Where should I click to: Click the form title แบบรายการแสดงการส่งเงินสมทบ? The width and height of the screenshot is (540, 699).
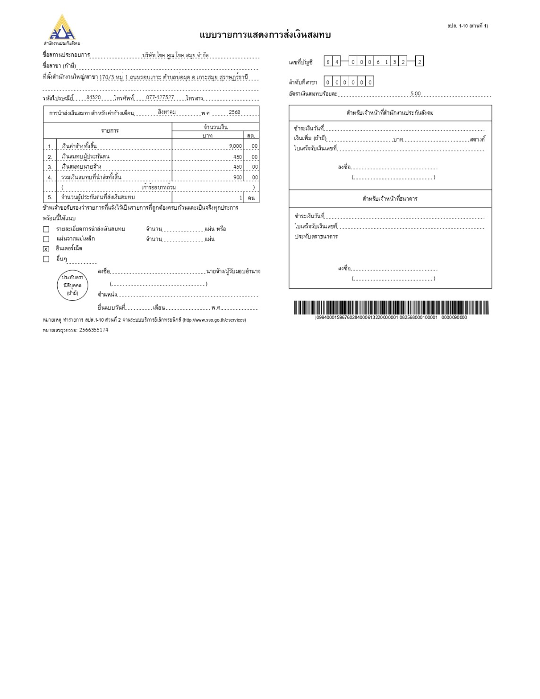point(265,35)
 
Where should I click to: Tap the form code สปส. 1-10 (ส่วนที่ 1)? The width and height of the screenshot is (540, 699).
point(467,26)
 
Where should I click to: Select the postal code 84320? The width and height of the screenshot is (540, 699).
point(94,97)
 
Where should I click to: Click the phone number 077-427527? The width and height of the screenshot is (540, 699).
point(160,97)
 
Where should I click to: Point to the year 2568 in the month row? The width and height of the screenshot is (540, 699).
point(234,112)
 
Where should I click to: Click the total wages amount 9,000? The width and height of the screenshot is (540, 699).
point(235,146)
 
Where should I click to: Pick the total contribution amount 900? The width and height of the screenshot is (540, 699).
point(238,178)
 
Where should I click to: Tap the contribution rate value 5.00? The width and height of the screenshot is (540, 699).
point(415,94)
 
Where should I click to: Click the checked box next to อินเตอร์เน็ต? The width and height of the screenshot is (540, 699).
point(46,249)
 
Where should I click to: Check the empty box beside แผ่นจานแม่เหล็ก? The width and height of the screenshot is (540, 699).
point(46,239)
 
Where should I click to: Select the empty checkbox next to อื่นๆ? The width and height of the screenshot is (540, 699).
point(46,259)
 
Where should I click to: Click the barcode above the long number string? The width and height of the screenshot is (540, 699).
point(391,307)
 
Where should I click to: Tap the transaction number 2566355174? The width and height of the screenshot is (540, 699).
point(94,330)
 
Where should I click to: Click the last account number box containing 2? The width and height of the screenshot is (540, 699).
point(419,61)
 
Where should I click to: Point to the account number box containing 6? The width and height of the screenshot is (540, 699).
point(378,61)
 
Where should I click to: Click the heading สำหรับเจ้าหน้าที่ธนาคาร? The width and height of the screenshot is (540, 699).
point(390,199)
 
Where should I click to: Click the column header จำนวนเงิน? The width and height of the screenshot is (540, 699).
point(215,127)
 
